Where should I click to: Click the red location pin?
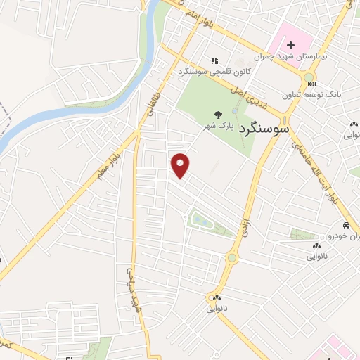click(x=181, y=165)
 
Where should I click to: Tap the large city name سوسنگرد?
click(x=264, y=129)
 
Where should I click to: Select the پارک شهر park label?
click(x=218, y=126)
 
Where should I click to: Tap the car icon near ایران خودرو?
click(x=346, y=226)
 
